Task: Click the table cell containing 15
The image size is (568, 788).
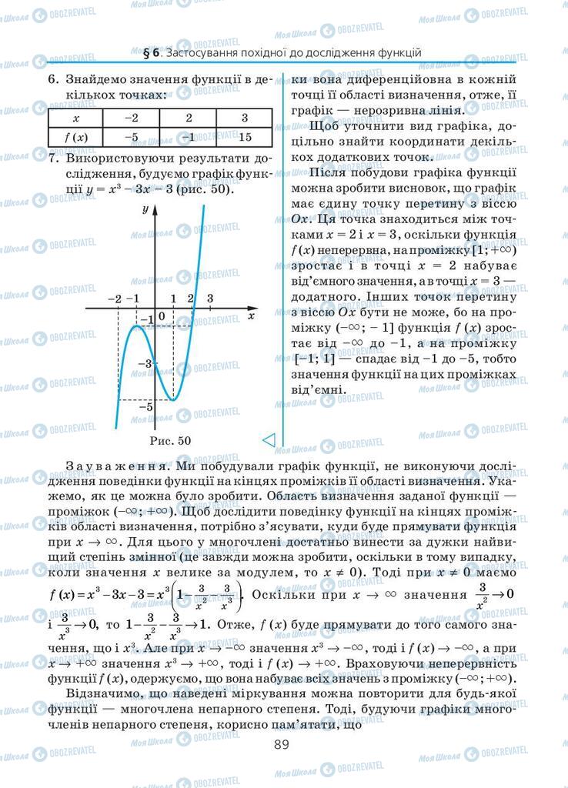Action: pos(246,137)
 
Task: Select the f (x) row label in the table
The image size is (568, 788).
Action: pos(75,137)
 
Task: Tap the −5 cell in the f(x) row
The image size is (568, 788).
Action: pos(132,137)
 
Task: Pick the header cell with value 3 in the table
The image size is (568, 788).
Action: pos(246,119)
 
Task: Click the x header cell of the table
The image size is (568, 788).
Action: pos(75,119)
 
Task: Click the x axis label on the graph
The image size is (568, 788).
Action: pos(252,315)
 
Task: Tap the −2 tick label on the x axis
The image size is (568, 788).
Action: pos(115,298)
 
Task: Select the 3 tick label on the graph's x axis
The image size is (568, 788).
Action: pos(210,298)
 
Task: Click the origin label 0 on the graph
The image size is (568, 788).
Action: pos(162,316)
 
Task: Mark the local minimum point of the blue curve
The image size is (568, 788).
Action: pos(173,400)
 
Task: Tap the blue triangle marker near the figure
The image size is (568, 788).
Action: pos(269,439)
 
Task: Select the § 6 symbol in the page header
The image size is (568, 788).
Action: pos(151,53)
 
